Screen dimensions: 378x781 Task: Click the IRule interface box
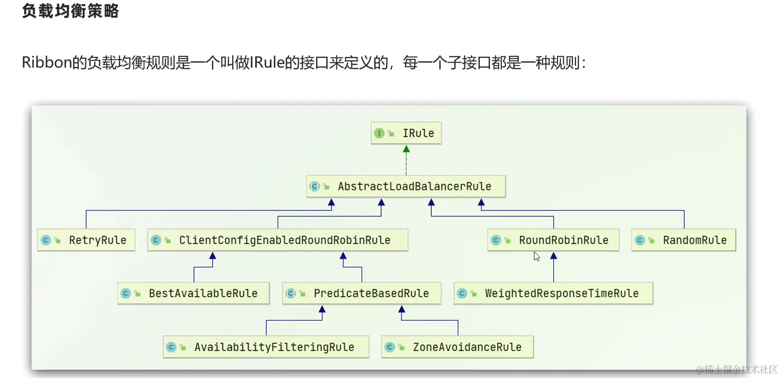coord(406,133)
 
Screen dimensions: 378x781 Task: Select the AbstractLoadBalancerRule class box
coord(406,186)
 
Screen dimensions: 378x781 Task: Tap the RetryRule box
coord(86,240)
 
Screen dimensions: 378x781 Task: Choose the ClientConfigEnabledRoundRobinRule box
coord(277,240)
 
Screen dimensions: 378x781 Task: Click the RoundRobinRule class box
coord(553,240)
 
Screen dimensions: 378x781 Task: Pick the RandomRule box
coord(684,240)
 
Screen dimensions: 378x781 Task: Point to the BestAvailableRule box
coord(193,293)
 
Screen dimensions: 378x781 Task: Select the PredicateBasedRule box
coord(362,293)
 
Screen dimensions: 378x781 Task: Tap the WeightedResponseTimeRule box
coord(553,293)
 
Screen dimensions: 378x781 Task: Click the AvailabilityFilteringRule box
coord(266,347)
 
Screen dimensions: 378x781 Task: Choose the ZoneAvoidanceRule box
coord(458,347)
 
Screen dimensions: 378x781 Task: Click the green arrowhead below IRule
coord(406,149)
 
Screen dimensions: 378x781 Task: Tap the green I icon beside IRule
coord(379,133)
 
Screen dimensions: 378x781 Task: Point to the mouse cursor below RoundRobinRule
coord(537,256)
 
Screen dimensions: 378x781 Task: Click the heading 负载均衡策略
coord(70,11)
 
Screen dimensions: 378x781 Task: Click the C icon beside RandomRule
coord(640,240)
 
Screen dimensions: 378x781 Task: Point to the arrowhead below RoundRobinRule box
coord(553,256)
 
